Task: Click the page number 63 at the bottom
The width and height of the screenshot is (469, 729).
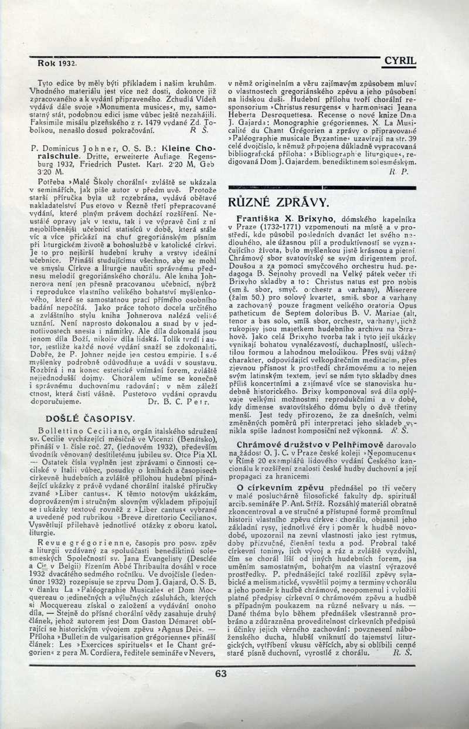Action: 220,673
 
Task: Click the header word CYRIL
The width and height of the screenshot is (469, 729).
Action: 400,60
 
